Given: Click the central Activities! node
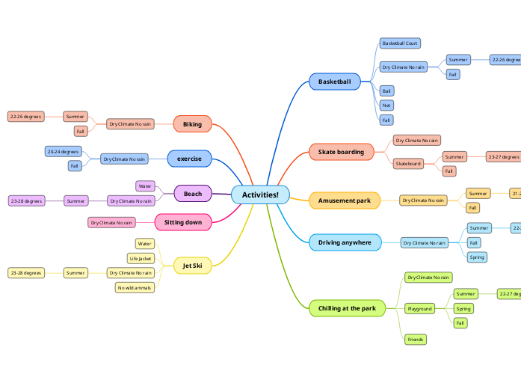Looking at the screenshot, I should [260, 195].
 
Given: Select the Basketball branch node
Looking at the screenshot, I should [341, 81].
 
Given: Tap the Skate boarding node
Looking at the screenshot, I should [341, 152].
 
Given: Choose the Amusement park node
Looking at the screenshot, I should [344, 200].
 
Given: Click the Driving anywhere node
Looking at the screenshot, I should [345, 242].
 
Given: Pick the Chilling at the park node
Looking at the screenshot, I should [347, 308].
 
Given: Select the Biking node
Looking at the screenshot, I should [192, 124].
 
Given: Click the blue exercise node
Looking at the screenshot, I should [189, 159].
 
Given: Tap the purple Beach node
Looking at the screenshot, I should [193, 194].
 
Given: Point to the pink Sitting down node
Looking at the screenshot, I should [183, 222].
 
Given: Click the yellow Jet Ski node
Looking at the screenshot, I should [192, 266].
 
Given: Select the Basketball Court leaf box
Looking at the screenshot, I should [400, 43].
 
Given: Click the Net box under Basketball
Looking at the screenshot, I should [386, 105].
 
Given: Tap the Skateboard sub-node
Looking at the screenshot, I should [408, 163].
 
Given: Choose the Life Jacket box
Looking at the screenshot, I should [141, 259].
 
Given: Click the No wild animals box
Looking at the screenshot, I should [135, 287].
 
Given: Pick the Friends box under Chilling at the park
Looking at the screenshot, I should [415, 340].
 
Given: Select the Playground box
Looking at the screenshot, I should [419, 308].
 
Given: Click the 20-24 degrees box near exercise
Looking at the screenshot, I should [63, 152].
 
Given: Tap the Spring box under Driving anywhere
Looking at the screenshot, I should [475, 257].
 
